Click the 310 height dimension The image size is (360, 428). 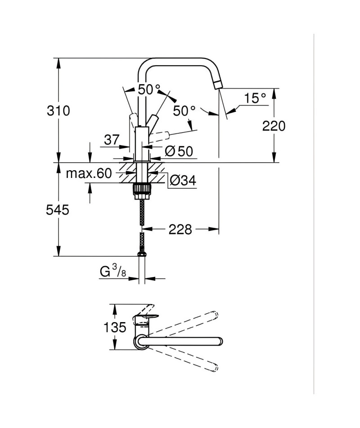58,111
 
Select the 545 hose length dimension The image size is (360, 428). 58,210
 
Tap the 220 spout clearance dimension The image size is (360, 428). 274,126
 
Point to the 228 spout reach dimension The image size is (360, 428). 180,229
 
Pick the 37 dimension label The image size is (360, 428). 112,140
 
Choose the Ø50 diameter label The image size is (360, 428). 179,151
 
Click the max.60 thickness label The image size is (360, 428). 89,173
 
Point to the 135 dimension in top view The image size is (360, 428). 115,327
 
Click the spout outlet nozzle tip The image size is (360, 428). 218,85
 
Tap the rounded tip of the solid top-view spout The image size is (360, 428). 220,341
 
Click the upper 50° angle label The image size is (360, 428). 149,89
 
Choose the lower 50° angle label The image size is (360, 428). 184,110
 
